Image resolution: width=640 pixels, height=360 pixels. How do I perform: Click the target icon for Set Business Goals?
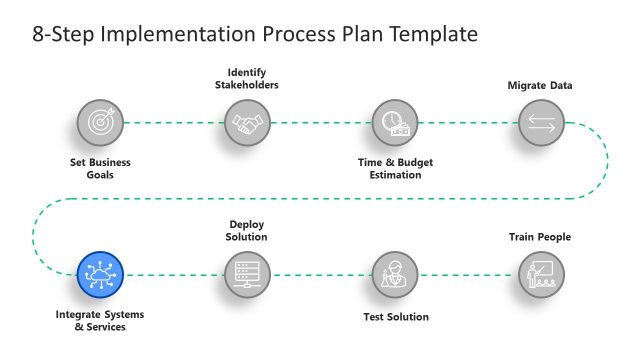101,123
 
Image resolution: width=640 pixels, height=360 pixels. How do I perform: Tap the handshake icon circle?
246,123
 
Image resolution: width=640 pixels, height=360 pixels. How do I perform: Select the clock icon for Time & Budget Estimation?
394,123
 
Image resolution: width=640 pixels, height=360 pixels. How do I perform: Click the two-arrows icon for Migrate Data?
540,123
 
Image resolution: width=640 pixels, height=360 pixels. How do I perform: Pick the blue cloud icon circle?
101,273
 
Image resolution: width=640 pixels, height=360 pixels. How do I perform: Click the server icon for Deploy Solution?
246,273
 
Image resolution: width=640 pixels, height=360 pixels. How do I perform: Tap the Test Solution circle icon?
394,273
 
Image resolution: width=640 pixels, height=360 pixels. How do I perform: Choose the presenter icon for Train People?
540,273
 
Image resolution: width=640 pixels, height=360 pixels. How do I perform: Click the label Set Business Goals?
101,168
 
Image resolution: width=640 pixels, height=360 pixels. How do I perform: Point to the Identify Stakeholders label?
246,78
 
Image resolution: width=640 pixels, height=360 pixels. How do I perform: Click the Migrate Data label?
540,85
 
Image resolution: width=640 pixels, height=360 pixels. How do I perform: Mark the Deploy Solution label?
246,231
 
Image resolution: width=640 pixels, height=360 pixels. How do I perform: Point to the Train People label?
540,237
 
